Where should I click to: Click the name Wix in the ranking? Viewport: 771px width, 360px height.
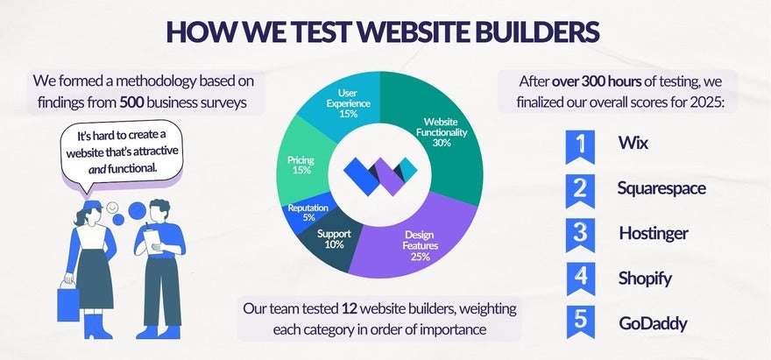point(633,143)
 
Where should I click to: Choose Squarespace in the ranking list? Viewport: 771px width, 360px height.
point(661,187)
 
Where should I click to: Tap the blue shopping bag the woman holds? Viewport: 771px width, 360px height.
point(68,303)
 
